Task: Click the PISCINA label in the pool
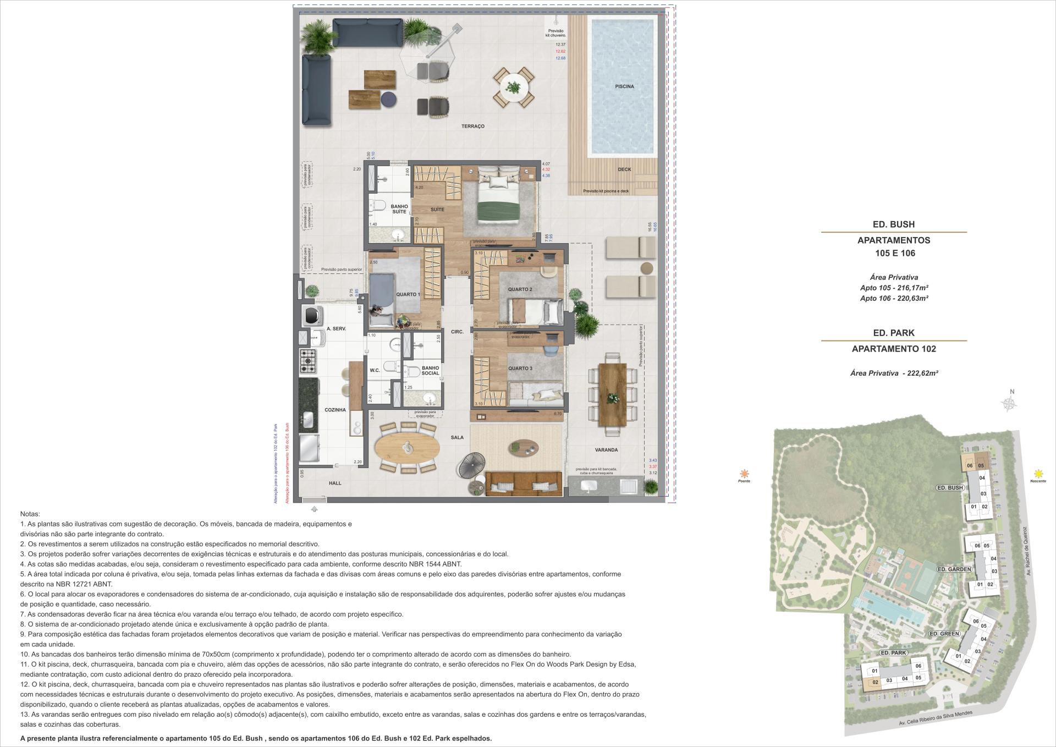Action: tap(624, 86)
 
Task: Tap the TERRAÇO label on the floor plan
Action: tap(472, 127)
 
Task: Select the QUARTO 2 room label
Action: tap(520, 289)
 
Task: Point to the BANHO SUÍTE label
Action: tap(399, 209)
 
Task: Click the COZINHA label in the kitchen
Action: tap(335, 410)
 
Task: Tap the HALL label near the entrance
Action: tap(335, 483)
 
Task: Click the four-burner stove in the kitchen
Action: tap(308, 360)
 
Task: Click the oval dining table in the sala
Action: tap(407, 448)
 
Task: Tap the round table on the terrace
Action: tap(513, 87)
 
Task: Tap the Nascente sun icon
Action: tap(1038, 473)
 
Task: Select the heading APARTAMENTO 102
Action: tap(894, 349)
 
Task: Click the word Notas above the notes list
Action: tap(30, 513)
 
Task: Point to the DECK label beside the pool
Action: tap(624, 169)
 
